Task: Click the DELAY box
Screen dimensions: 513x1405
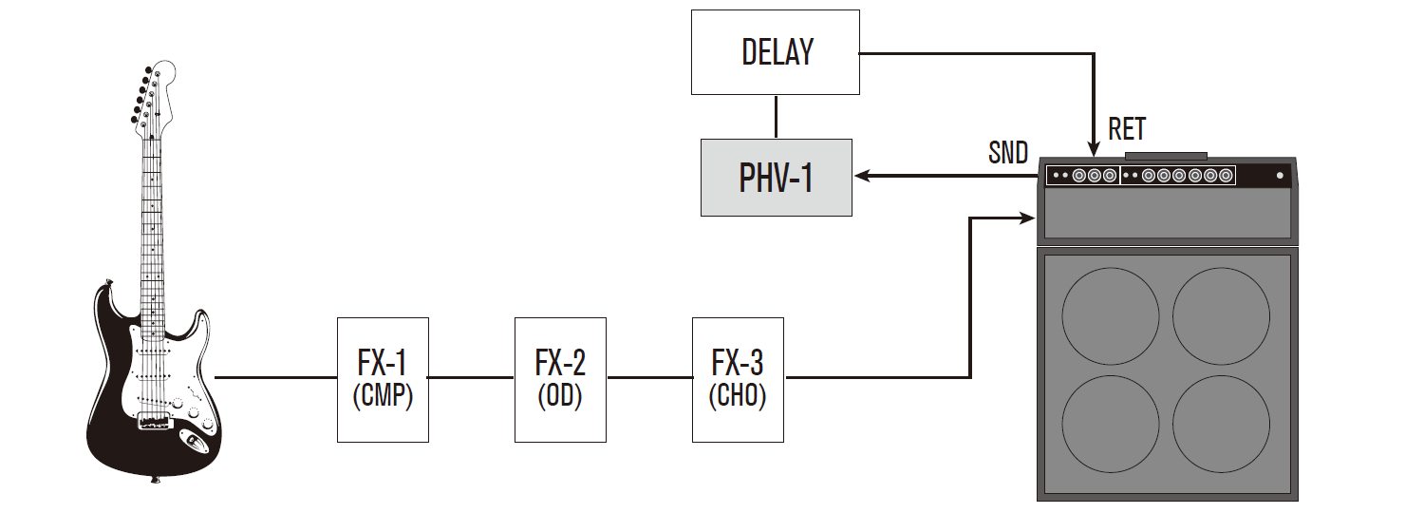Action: point(776,52)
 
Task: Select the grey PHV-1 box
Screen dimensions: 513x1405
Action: point(776,178)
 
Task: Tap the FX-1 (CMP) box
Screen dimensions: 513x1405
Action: point(383,379)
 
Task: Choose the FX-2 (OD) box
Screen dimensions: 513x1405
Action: point(560,379)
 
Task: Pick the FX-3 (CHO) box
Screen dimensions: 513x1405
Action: point(738,379)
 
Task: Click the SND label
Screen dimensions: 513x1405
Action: point(1007,153)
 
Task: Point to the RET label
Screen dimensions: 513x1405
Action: point(1127,128)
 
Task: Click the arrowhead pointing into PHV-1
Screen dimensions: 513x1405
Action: point(861,176)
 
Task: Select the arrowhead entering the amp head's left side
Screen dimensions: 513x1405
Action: point(1028,218)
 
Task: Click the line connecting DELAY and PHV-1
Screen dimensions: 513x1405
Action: point(776,117)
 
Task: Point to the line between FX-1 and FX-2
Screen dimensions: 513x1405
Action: point(471,378)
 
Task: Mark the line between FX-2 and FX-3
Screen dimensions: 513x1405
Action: point(649,378)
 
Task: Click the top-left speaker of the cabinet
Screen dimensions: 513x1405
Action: point(1111,315)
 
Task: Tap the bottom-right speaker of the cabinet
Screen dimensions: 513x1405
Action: point(1221,423)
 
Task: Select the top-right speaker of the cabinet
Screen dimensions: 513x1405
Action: point(1221,315)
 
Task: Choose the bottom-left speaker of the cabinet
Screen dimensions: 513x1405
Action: point(1111,423)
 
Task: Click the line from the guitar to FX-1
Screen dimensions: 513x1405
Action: point(275,378)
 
